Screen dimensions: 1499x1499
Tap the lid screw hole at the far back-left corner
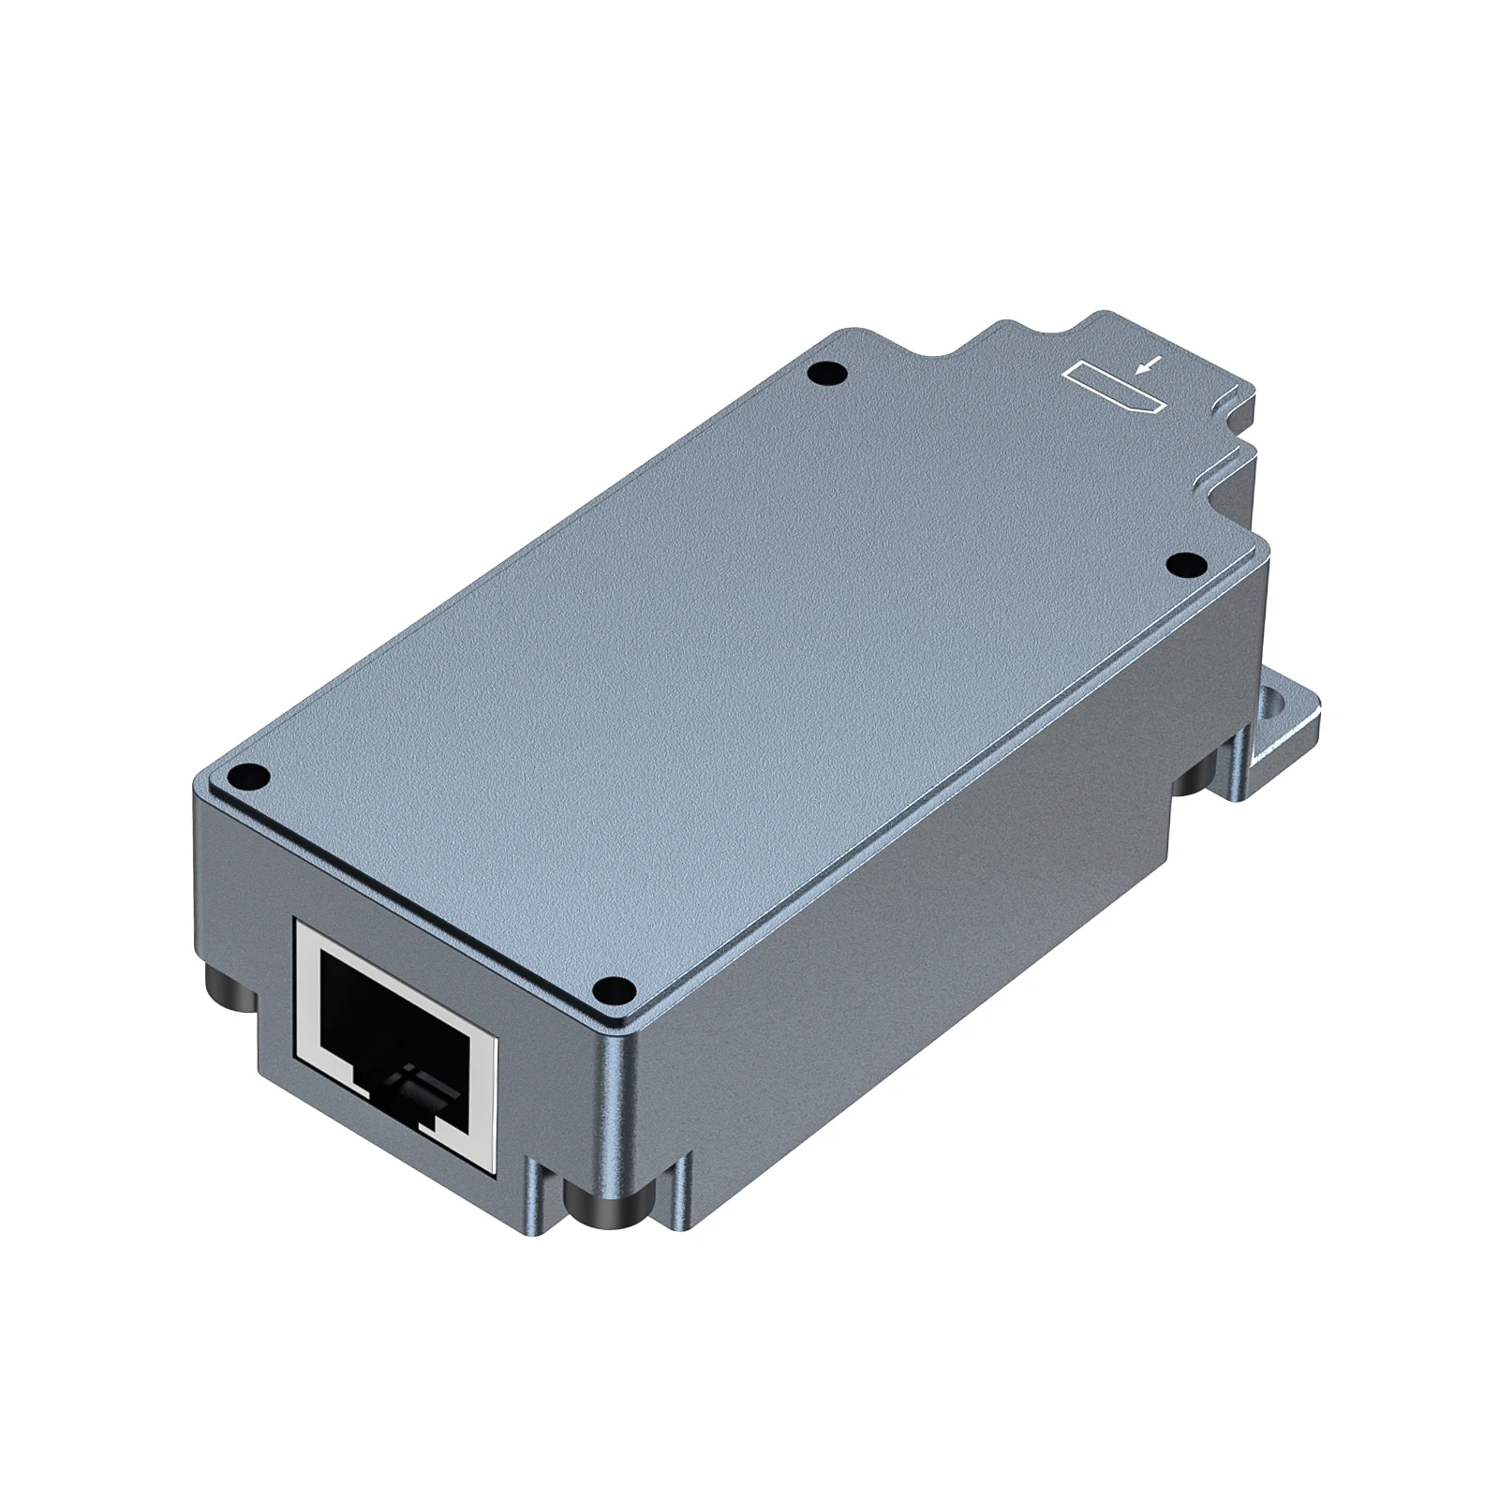pyautogui.click(x=825, y=376)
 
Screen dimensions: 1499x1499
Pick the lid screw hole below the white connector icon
pyautogui.click(x=1187, y=564)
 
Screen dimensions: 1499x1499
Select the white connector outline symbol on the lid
pyautogui.click(x=1115, y=389)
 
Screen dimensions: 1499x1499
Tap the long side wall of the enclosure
pyautogui.click(x=937, y=918)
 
